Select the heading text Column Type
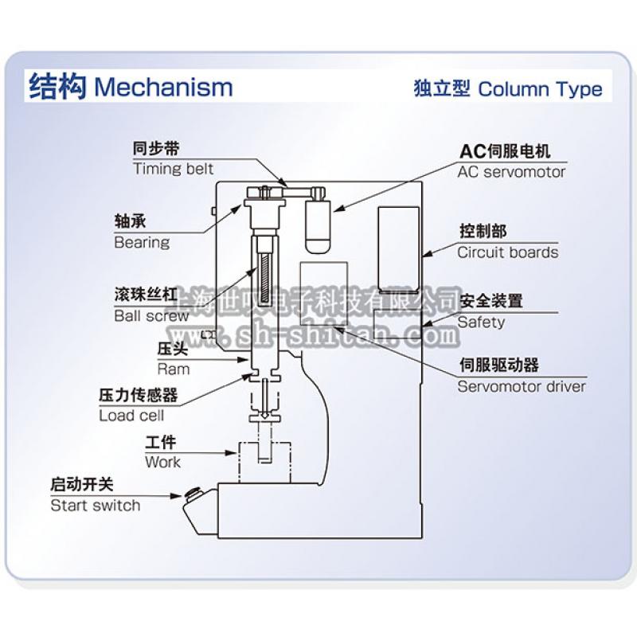coord(540,88)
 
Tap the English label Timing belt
coord(174,169)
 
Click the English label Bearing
coord(142,242)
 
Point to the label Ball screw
coord(152,315)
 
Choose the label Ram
coord(174,369)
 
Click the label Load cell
coord(131,415)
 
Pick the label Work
coord(162,462)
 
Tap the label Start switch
coord(95,506)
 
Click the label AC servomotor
coord(511,171)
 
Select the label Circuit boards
coord(507,252)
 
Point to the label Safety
coord(481,322)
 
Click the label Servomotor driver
coord(522,387)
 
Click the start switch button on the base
coord(193,494)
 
